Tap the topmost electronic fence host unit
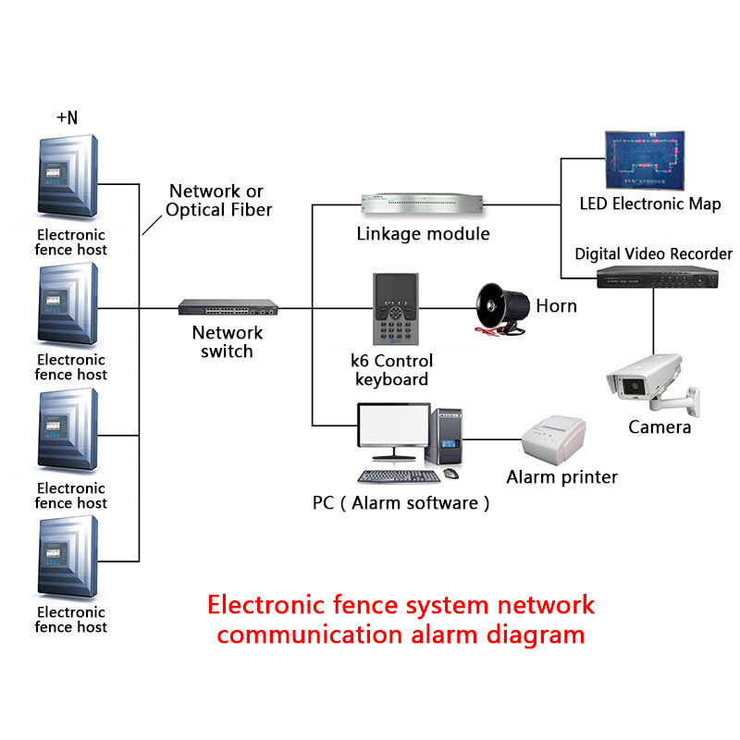click(67, 178)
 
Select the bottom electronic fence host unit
click(67, 557)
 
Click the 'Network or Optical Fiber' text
click(218, 201)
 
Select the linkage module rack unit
click(423, 203)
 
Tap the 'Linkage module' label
click(423, 234)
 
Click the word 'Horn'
click(556, 306)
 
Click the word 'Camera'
click(660, 427)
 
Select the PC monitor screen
click(394, 434)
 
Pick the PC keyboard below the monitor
click(399, 476)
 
